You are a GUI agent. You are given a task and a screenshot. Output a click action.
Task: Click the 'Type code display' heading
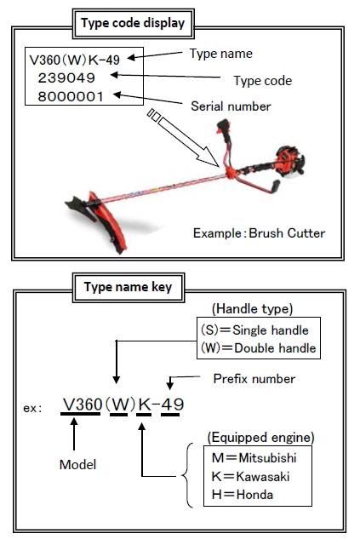133,23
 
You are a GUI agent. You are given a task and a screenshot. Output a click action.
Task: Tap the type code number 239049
66,77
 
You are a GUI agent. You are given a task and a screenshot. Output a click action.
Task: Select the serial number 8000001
71,96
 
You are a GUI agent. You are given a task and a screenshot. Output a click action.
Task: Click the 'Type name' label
221,54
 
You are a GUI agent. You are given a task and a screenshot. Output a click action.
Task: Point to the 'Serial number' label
231,106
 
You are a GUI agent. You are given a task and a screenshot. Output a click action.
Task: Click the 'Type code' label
263,81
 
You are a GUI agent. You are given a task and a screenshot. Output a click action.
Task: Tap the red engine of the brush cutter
289,161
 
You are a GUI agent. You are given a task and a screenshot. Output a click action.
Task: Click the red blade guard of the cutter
108,221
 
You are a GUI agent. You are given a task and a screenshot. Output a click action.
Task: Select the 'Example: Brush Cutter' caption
260,233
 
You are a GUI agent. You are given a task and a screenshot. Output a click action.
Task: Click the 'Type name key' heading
129,287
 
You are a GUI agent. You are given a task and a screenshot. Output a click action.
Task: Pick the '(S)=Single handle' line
254,330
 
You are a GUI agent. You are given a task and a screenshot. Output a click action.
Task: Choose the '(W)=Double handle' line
258,348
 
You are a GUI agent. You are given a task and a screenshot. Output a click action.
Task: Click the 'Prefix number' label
254,378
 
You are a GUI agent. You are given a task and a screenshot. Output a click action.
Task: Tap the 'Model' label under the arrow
77,465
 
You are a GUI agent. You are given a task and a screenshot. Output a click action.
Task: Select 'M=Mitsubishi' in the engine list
254,458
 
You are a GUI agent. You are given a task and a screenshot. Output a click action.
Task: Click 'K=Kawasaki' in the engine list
250,476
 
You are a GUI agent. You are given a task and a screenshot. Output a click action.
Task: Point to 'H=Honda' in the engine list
243,494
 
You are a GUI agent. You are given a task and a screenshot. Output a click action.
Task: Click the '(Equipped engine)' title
261,438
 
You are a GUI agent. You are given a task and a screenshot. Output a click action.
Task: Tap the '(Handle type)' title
252,308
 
